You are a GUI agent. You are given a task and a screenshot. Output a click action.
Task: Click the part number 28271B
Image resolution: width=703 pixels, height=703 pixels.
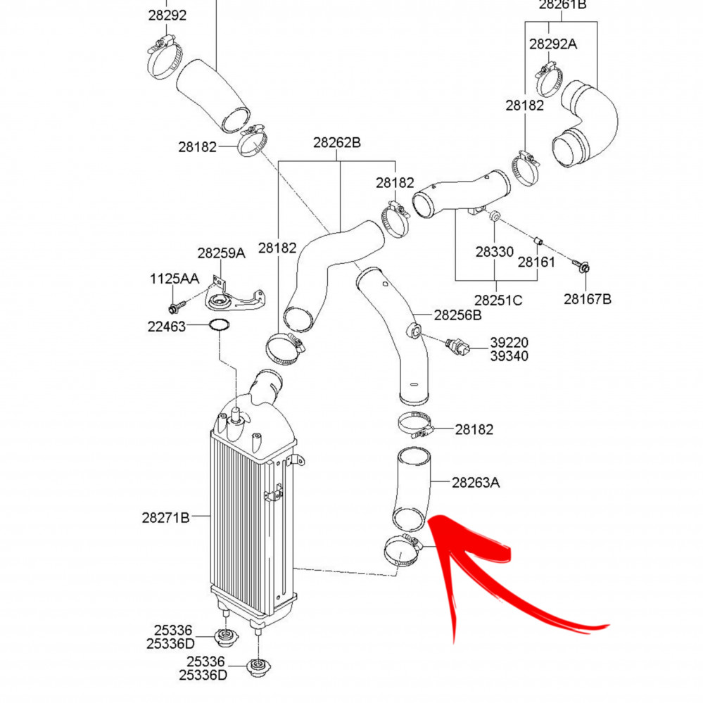[x=165, y=517]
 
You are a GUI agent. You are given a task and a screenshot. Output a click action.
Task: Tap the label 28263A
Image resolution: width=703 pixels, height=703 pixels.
[x=475, y=483]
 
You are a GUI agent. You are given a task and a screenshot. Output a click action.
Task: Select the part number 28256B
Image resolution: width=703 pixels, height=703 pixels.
[x=457, y=315]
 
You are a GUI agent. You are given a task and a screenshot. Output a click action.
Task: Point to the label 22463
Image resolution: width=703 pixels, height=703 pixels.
[x=166, y=327]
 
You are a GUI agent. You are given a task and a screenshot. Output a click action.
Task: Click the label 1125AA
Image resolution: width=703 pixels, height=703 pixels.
[x=174, y=279]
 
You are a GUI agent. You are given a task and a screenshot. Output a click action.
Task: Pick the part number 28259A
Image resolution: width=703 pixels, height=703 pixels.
[x=222, y=253]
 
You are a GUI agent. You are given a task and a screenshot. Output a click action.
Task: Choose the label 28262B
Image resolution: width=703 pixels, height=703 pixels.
[x=336, y=143]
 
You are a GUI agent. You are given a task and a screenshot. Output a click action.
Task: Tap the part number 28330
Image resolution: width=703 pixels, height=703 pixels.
[x=495, y=251]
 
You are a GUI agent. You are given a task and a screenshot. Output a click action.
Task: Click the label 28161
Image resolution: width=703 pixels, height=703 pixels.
[x=536, y=262]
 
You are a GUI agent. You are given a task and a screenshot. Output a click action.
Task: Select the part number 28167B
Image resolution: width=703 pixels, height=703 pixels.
[x=588, y=299]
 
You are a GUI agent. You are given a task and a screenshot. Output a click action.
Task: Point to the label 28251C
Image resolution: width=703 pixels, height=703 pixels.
[x=498, y=300]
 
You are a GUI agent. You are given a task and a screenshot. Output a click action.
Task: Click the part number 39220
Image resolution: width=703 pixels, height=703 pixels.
[x=509, y=343]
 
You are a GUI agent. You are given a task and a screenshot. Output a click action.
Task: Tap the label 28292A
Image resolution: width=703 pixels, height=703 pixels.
[x=553, y=44]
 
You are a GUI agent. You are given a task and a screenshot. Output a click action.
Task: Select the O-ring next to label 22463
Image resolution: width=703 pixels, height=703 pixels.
[x=219, y=325]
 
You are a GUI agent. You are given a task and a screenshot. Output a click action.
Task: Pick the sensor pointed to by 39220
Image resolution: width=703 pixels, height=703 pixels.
[x=457, y=347]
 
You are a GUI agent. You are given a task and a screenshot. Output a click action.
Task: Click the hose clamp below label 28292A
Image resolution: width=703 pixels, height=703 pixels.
[x=548, y=80]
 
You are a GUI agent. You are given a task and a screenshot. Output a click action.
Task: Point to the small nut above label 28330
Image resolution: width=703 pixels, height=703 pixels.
[x=494, y=215]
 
